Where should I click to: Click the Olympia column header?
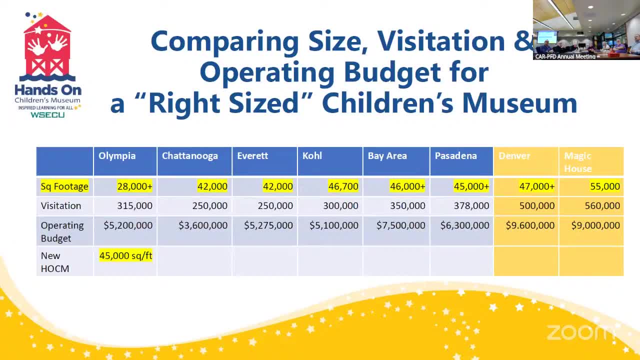pos(117,156)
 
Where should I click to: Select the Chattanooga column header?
pos(190,156)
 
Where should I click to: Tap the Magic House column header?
pos(578,162)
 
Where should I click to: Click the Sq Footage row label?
pos(64,186)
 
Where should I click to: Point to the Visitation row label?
pos(61,206)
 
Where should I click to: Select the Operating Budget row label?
pos(62,231)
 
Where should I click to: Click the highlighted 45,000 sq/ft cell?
pos(125,256)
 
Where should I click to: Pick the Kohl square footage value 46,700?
pos(343,186)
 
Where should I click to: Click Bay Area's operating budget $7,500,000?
pos(401,225)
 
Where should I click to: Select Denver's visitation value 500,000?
pos(536,206)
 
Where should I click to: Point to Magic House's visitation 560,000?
pos(602,206)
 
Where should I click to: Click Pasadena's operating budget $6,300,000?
pos(464,225)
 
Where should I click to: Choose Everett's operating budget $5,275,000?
pos(268,225)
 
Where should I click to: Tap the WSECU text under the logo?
pos(47,115)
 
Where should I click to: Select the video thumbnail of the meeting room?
pos(586,29)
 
